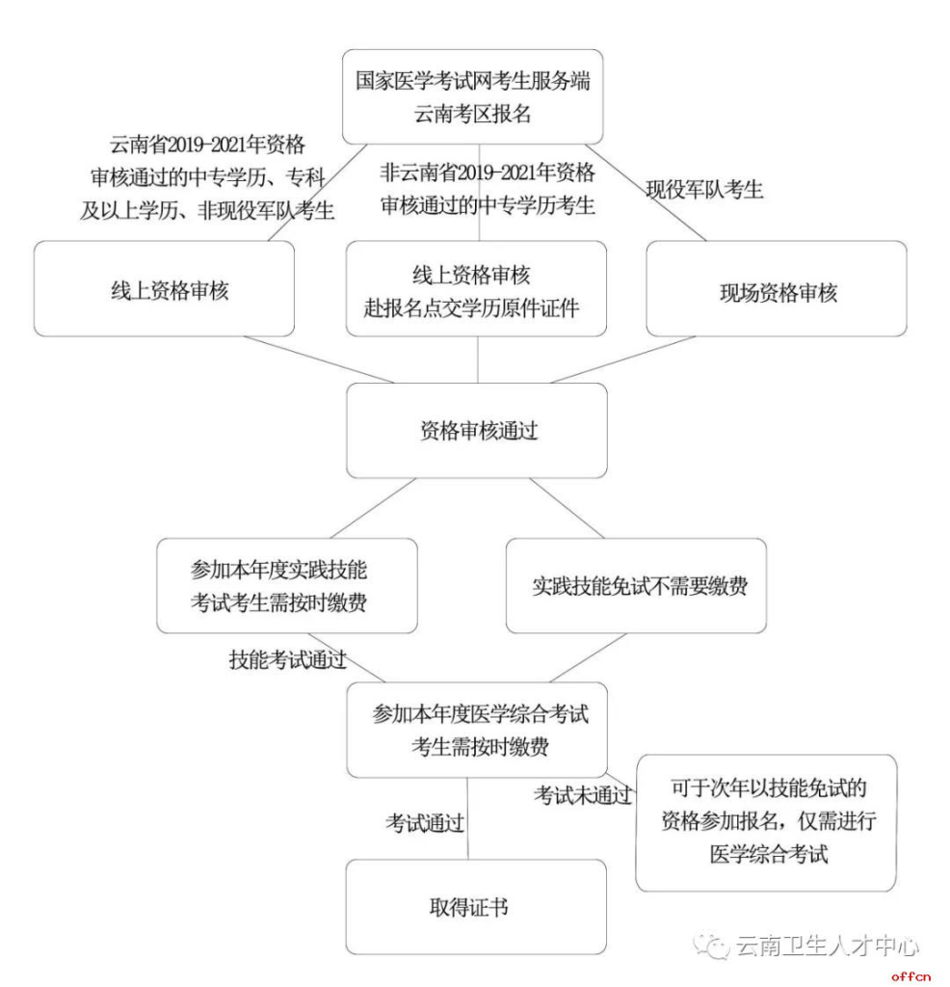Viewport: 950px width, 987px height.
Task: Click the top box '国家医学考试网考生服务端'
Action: (473, 97)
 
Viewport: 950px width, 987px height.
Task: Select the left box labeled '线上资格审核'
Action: (164, 289)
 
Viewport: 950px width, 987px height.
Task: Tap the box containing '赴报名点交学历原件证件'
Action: (476, 289)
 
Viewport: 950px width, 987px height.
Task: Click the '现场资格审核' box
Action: (777, 289)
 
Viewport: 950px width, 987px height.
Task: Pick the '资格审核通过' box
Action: (476, 431)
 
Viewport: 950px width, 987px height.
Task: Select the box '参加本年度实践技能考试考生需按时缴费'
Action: (287, 586)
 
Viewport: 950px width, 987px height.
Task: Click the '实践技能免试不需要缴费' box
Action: (636, 586)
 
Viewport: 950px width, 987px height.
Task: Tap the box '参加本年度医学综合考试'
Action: (476, 730)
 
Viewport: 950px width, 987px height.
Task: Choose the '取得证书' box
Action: (476, 907)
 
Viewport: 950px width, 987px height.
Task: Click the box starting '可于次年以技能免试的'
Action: (767, 822)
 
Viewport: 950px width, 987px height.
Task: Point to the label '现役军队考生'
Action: (704, 190)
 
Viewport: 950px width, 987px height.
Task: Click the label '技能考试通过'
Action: (287, 660)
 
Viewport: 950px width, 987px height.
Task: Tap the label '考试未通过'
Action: (583, 795)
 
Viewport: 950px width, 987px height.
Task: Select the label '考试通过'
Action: (425, 823)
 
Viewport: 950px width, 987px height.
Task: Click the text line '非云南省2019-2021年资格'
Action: (487, 173)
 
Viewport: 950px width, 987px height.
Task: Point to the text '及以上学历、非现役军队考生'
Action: (207, 211)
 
